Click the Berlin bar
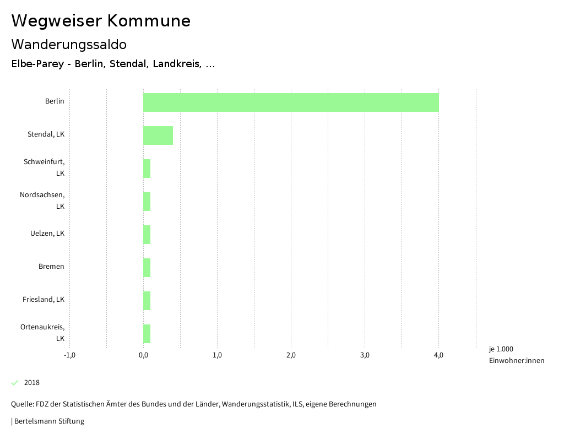tap(291, 102)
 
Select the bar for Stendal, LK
tap(158, 136)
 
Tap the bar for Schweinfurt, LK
tap(147, 169)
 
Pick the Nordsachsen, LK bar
tap(147, 202)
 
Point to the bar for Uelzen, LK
tap(147, 235)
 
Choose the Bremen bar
tap(147, 268)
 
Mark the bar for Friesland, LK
tap(147, 301)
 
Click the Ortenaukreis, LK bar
tap(147, 334)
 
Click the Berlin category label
tap(55, 101)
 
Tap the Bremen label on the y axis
tap(51, 267)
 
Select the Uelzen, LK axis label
tap(47, 234)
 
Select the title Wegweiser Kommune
tap(101, 21)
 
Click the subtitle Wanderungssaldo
tap(69, 44)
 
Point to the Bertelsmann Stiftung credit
tap(48, 421)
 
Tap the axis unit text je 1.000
tap(501, 349)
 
